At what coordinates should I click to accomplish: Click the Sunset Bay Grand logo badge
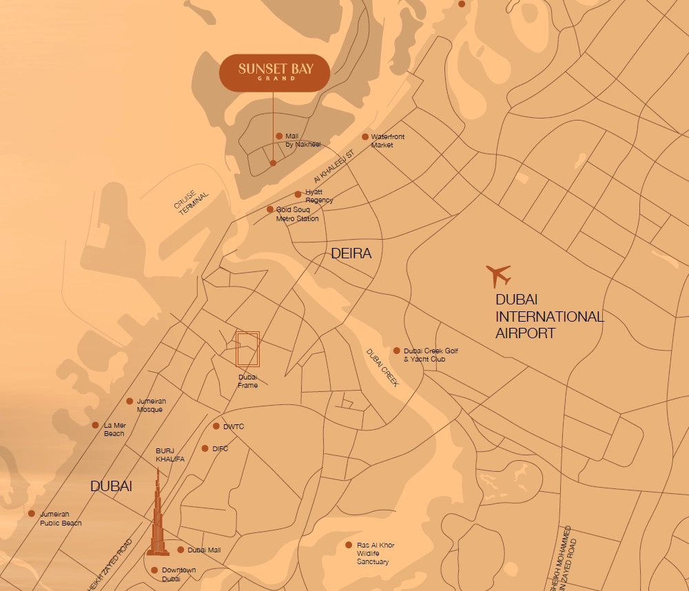pyautogui.click(x=274, y=72)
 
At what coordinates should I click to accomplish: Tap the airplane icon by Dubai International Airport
pyautogui.click(x=498, y=276)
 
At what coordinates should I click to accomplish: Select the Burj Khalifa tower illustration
pyautogui.click(x=158, y=517)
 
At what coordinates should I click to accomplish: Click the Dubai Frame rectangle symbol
pyautogui.click(x=247, y=349)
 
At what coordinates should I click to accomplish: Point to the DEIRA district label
pyautogui.click(x=351, y=253)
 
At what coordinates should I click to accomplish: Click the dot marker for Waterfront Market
pyautogui.click(x=366, y=136)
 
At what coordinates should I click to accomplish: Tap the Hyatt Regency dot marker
pyautogui.click(x=298, y=194)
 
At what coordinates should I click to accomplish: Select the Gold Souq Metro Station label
pyautogui.click(x=298, y=214)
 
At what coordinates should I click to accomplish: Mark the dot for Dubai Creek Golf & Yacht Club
pyautogui.click(x=397, y=351)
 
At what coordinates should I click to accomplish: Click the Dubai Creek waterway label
pyautogui.click(x=383, y=368)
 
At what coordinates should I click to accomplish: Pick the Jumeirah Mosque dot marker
pyautogui.click(x=130, y=401)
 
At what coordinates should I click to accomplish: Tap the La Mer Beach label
pyautogui.click(x=114, y=429)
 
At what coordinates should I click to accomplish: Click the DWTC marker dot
pyautogui.click(x=216, y=426)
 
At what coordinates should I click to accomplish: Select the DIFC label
pyautogui.click(x=220, y=448)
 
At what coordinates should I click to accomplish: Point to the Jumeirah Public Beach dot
pyautogui.click(x=32, y=513)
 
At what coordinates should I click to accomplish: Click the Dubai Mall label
pyautogui.click(x=204, y=550)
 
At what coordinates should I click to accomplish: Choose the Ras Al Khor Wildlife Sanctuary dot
pyautogui.click(x=349, y=545)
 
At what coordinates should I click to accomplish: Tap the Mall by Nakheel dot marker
pyautogui.click(x=279, y=136)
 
